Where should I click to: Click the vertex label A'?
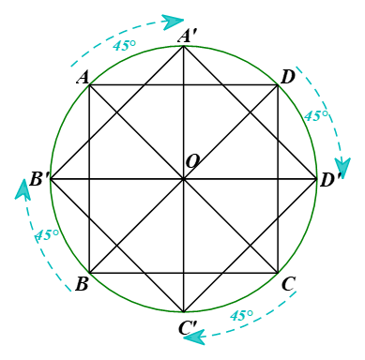pyautogui.click(x=187, y=36)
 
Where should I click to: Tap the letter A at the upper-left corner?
pyautogui.click(x=83, y=77)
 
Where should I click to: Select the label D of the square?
pyautogui.click(x=288, y=77)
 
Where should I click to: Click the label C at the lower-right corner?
pyautogui.click(x=288, y=284)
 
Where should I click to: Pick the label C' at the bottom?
pyautogui.click(x=188, y=327)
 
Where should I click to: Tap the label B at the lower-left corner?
pyautogui.click(x=82, y=284)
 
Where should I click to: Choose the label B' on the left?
pyautogui.click(x=39, y=179)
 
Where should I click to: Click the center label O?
pyautogui.click(x=192, y=161)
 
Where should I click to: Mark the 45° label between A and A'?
pyautogui.click(x=125, y=45)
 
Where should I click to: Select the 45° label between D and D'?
pyautogui.click(x=316, y=116)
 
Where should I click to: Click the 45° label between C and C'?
pyautogui.click(x=241, y=315)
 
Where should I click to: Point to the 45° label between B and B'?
pyautogui.click(x=47, y=234)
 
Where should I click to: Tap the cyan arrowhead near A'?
pyautogui.click(x=173, y=22)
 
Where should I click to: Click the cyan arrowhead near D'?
pyautogui.click(x=342, y=168)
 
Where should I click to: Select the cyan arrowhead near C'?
pyautogui.click(x=194, y=337)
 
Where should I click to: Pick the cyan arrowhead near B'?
pyautogui.click(x=23, y=189)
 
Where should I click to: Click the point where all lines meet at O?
pyautogui.click(x=184, y=179)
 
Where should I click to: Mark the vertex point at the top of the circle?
pyautogui.click(x=184, y=46)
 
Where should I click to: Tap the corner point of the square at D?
pyautogui.click(x=278, y=84)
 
